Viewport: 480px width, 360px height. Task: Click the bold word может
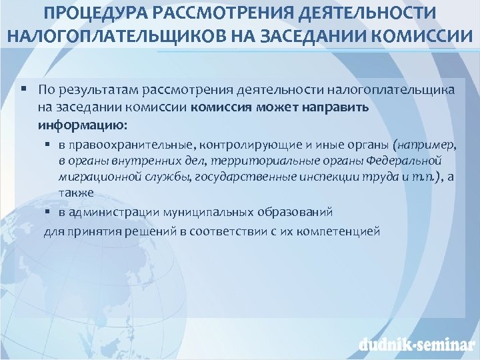click(277, 107)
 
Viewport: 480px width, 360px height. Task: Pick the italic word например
click(427, 145)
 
